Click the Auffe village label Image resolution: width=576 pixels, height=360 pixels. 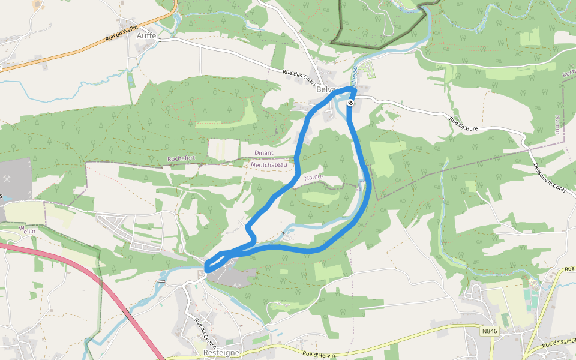[x=146, y=36]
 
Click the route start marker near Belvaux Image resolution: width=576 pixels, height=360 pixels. [x=350, y=103]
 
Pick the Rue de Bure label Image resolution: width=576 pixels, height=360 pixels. [x=463, y=124]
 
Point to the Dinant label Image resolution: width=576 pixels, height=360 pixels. [x=264, y=153]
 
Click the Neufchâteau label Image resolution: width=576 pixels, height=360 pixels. [x=269, y=164]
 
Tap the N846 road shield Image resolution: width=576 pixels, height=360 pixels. [x=490, y=330]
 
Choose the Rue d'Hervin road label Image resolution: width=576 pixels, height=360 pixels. [x=317, y=354]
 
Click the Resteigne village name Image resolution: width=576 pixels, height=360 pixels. [x=221, y=353]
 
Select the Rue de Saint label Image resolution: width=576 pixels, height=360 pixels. [x=558, y=343]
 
